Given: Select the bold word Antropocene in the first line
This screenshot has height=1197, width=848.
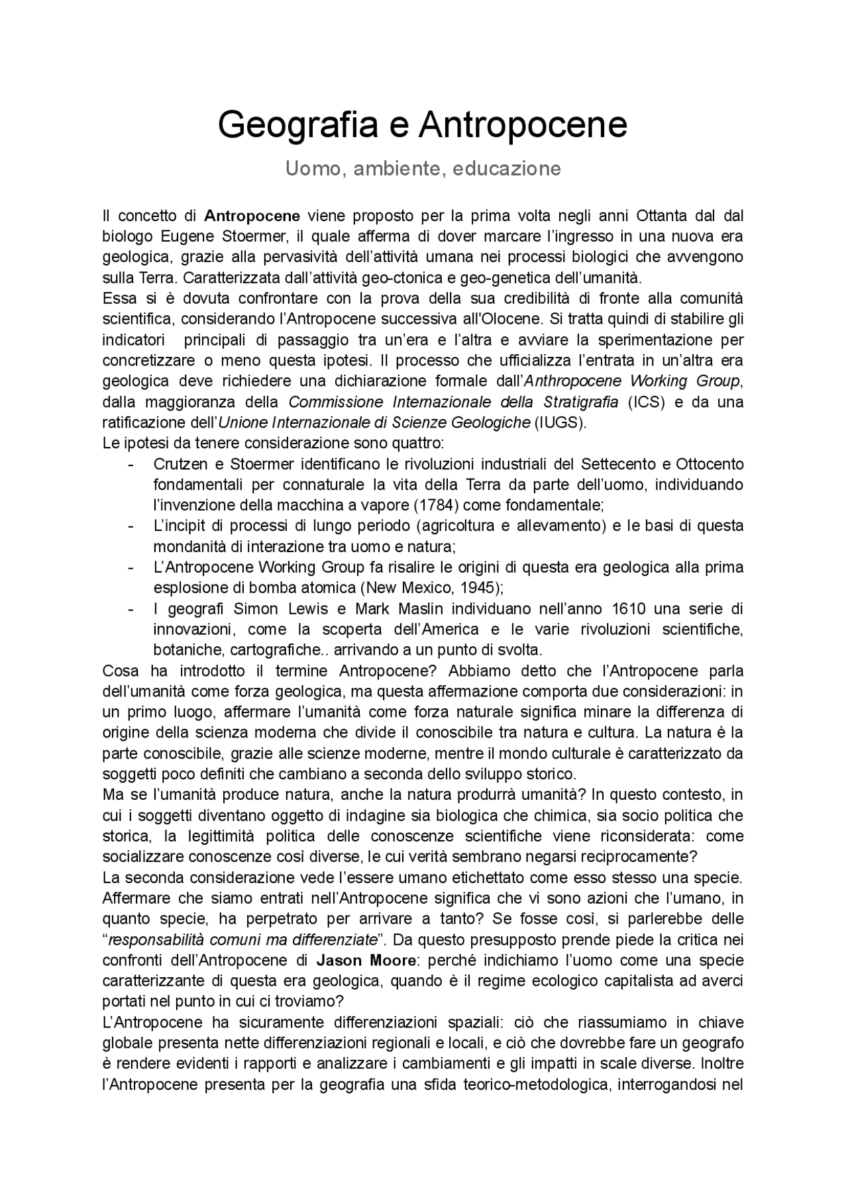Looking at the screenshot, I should pos(252,216).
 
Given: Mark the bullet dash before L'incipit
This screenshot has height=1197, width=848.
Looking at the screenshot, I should pos(131,526).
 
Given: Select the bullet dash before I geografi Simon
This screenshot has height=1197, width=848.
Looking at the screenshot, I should pos(131,608).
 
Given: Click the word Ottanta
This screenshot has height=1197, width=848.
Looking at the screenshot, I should pos(662,216).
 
